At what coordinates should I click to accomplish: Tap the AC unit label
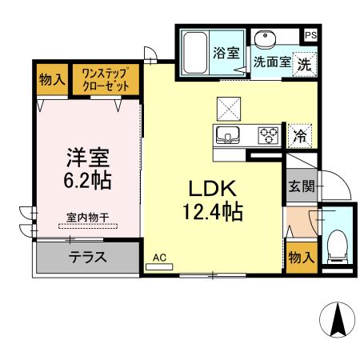[159, 258]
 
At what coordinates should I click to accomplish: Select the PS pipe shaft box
[310, 35]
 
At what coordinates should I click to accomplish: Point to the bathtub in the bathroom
[194, 52]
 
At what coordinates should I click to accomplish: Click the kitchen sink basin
[229, 134]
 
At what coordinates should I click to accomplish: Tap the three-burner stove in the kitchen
[266, 134]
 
